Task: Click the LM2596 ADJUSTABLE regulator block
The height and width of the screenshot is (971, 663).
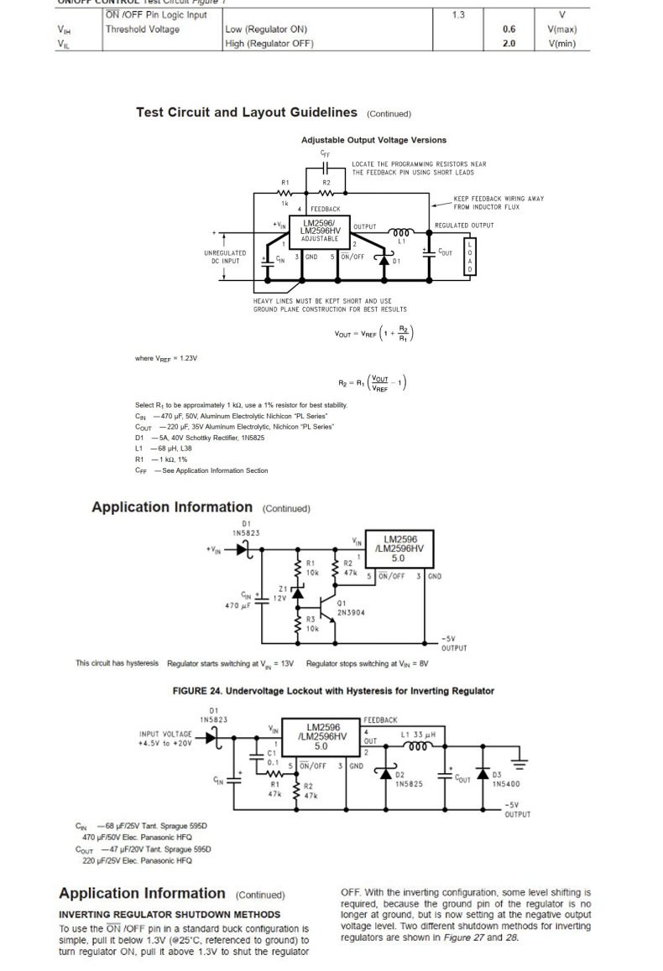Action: point(319,232)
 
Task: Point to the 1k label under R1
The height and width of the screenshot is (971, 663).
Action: point(285,203)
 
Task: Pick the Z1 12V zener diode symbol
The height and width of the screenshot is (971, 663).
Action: point(296,594)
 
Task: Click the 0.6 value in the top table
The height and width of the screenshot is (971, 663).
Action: point(509,29)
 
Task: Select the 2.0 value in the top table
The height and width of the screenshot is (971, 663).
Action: point(509,44)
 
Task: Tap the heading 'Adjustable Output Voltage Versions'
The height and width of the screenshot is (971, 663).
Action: point(373,140)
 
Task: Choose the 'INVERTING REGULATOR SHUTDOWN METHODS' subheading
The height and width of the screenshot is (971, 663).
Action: point(170,913)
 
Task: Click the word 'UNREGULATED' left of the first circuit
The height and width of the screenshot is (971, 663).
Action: point(225,252)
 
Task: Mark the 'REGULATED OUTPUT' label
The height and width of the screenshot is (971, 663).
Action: point(464,225)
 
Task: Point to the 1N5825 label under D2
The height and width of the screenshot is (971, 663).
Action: point(409,783)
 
